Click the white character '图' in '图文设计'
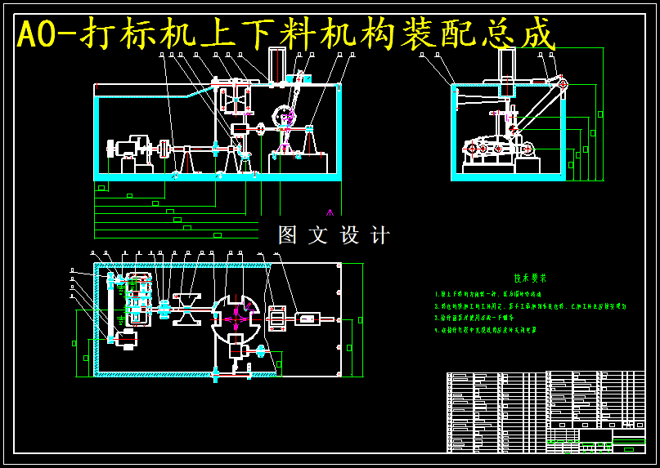click(x=288, y=235)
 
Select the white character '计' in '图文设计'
click(x=380, y=235)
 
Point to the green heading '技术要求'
click(x=530, y=278)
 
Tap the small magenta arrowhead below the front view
click(x=330, y=212)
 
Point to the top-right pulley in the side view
click(x=563, y=83)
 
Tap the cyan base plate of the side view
click(x=508, y=176)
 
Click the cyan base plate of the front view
click(x=218, y=176)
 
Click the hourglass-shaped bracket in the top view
click(x=186, y=309)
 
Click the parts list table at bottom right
click(x=546, y=412)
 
